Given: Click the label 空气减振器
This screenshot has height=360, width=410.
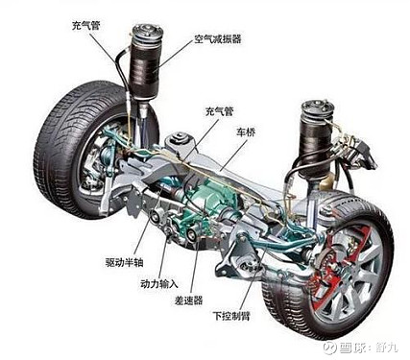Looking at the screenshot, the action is (x=217, y=39).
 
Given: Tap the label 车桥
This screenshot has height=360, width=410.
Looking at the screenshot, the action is (x=246, y=132).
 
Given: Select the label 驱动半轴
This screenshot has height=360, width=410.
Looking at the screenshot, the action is (x=125, y=262).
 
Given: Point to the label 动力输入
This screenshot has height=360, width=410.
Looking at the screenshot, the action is (x=159, y=283).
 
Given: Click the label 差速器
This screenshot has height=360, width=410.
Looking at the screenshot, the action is (x=188, y=300).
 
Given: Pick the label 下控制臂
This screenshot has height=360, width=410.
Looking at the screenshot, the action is (x=231, y=316).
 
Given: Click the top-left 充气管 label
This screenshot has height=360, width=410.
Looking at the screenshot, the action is (x=86, y=25).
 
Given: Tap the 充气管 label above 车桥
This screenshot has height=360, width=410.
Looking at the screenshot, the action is (x=220, y=111).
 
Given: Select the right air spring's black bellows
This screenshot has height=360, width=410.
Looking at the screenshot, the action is (x=316, y=146).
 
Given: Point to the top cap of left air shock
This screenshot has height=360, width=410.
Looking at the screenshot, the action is (x=148, y=35).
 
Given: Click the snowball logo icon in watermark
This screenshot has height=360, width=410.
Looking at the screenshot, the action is (x=329, y=348).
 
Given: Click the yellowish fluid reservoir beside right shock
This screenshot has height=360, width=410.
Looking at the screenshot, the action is (x=327, y=183).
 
